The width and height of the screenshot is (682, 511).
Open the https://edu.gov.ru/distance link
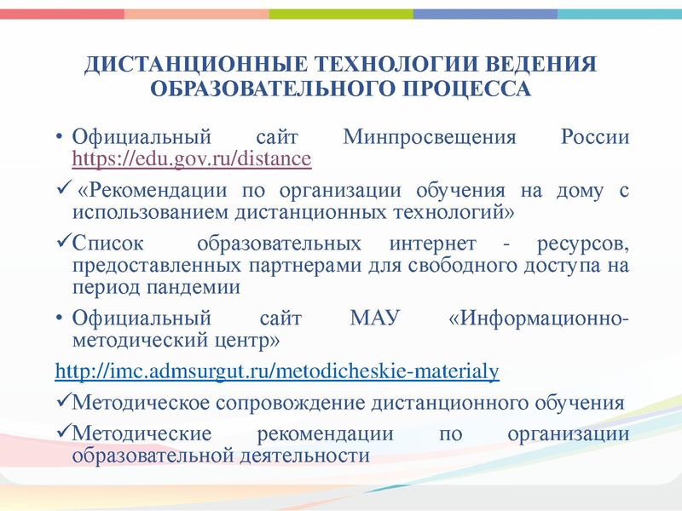pos(192,158)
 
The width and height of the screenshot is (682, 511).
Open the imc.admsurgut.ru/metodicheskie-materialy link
pos(276,372)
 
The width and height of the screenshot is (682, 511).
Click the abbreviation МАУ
pos(374,319)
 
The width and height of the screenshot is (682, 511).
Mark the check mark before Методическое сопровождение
pos(61,401)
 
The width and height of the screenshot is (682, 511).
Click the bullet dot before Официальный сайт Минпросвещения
pos(60,138)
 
